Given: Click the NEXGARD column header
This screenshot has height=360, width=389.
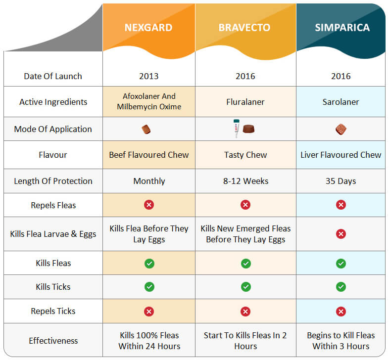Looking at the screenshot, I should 149,27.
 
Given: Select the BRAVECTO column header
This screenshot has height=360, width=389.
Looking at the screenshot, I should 245,27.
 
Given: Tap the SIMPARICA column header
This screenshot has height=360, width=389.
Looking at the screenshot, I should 342,27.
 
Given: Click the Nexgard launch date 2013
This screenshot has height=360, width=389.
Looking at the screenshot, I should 149,76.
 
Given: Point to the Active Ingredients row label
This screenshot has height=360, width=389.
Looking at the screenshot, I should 53,102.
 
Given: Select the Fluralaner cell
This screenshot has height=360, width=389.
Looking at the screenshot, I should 245,102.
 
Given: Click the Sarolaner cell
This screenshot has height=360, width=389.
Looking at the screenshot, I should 341,102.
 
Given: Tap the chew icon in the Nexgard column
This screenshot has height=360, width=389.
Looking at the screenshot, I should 146,130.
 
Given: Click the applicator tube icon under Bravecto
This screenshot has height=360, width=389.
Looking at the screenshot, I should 237,128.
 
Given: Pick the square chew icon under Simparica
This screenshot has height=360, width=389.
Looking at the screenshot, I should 340,130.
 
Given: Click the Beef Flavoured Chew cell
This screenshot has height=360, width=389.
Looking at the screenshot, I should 149,155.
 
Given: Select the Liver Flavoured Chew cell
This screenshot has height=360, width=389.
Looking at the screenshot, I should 341,155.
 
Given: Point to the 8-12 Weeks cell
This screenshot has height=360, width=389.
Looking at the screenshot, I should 245,181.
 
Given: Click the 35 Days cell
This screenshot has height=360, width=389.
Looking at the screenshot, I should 341,181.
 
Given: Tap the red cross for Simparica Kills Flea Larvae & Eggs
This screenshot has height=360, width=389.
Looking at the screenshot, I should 340,234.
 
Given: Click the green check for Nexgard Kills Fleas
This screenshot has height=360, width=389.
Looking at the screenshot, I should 149,264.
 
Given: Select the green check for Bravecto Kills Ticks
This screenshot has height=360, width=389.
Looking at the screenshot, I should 245,287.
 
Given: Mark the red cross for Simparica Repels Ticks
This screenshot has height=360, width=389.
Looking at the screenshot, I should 340,311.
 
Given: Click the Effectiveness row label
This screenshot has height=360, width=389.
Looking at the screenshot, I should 53,341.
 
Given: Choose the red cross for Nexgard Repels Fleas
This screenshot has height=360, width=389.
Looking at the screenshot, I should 149,205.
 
